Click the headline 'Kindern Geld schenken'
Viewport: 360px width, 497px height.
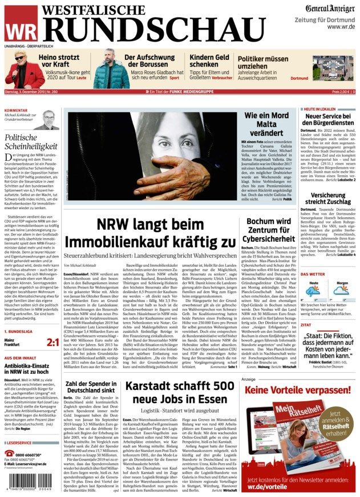[209, 61]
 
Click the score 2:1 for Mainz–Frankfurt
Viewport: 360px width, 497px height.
[52, 342]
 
